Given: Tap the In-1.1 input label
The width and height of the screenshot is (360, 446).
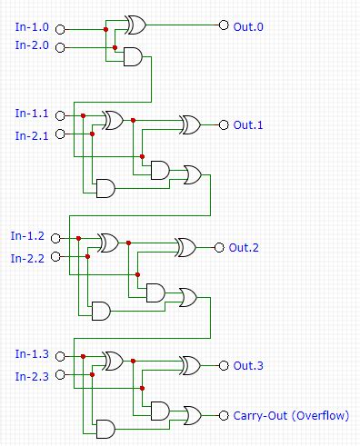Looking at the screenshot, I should [x=31, y=114].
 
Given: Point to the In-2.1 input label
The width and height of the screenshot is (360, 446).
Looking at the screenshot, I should [x=31, y=134].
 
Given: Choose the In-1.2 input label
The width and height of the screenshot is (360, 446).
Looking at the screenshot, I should [x=27, y=236].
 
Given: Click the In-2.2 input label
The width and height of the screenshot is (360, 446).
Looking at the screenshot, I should [x=27, y=258].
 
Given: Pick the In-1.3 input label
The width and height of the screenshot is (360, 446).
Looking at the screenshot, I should [x=31, y=353].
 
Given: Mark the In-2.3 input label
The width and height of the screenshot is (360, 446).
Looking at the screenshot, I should [x=31, y=375].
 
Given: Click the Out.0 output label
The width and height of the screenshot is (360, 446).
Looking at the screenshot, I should [x=248, y=26].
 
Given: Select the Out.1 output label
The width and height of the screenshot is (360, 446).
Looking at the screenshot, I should [x=248, y=124].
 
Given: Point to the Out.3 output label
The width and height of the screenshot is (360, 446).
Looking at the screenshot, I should [x=248, y=366].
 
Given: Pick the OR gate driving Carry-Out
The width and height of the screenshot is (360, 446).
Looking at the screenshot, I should [x=193, y=415].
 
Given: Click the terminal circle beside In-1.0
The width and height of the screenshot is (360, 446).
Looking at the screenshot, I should [x=61, y=27].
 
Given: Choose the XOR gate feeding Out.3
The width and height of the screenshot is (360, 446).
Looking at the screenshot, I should [x=190, y=366].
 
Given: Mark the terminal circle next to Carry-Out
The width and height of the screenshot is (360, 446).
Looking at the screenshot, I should [x=224, y=415].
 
